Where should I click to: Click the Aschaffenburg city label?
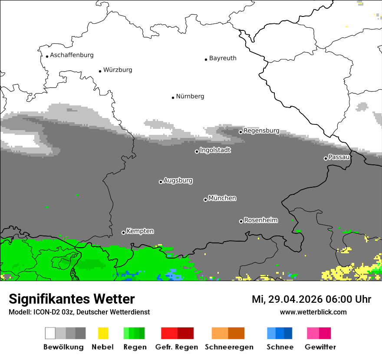pos(72,55)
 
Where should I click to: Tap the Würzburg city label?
pos(118,70)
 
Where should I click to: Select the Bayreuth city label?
pos(223,58)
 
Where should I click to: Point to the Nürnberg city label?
pos(190,96)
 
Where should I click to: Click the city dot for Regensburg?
pos(240,132)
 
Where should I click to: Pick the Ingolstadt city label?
pos(215,150)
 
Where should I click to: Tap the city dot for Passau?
pos(326,158)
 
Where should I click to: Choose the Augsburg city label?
pos(178,180)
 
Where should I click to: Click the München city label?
pos(222,198)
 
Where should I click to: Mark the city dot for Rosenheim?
pos(241,221)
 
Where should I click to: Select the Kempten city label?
pos(140,231)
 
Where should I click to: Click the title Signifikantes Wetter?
pos(72,299)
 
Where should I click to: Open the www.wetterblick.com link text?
pos(313,312)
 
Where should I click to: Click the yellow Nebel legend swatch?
pos(103,333)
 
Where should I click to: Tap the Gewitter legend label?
pos(320,347)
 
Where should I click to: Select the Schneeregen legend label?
pos(229,347)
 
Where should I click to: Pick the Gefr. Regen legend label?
pos(176,347)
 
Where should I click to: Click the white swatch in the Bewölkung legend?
pos(50,333)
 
